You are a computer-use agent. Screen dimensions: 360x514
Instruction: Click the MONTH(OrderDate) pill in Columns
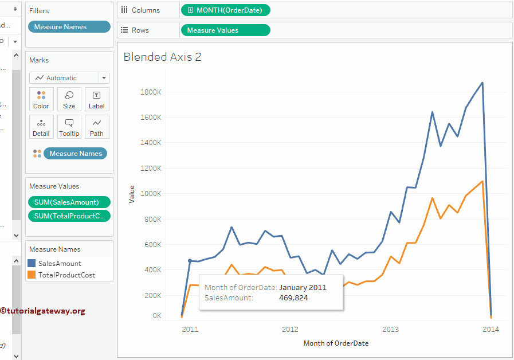click(225, 10)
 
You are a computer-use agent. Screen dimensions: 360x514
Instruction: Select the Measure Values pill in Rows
click(225, 30)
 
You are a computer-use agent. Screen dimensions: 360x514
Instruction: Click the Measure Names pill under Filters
click(69, 27)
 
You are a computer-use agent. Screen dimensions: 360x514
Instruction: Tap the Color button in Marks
click(41, 99)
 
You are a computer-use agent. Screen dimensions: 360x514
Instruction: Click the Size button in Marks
click(69, 99)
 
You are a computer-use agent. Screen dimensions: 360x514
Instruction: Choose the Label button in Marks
click(97, 99)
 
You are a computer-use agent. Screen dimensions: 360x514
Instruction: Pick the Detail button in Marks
click(41, 127)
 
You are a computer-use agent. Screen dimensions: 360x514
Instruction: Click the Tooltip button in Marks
click(69, 127)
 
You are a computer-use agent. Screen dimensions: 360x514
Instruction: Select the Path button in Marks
click(97, 127)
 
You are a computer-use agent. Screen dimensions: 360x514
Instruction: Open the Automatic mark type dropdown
click(69, 78)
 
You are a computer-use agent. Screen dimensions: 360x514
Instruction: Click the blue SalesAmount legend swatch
click(32, 263)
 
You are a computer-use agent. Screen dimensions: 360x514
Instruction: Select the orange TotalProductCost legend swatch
click(32, 275)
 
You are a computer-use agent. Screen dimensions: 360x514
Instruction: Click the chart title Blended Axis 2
click(163, 57)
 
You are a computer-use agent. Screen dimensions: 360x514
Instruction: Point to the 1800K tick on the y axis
click(151, 92)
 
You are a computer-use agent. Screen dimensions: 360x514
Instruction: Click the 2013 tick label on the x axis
click(390, 330)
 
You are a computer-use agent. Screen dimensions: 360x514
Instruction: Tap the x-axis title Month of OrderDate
click(336, 343)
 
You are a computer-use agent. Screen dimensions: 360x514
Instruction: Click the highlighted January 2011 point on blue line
click(190, 261)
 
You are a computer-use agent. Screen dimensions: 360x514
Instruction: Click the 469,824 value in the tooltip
click(293, 298)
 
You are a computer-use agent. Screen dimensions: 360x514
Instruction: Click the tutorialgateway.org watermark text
click(43, 311)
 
